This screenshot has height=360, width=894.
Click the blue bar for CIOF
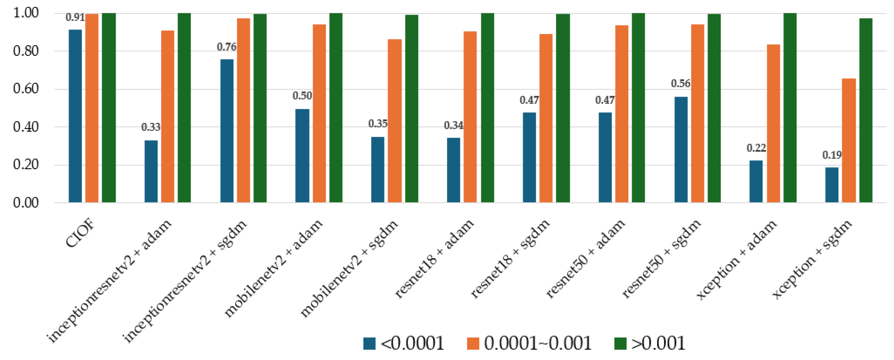point(75,116)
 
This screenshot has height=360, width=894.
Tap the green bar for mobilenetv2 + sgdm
point(412,108)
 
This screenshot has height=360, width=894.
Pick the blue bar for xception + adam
point(756,181)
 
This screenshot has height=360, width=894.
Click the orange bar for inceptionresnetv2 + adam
point(168,116)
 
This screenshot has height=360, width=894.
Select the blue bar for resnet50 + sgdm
point(681,150)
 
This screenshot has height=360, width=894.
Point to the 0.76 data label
point(226,47)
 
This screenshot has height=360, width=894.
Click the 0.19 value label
point(832,155)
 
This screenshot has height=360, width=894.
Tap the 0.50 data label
point(302,96)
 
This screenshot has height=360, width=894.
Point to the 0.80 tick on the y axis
point(26,51)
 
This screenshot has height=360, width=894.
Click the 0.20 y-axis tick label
point(26,164)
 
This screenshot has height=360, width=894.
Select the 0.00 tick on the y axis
point(26,202)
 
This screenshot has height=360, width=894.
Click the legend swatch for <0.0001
point(369,343)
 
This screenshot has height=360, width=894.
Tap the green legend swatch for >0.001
point(620,343)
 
